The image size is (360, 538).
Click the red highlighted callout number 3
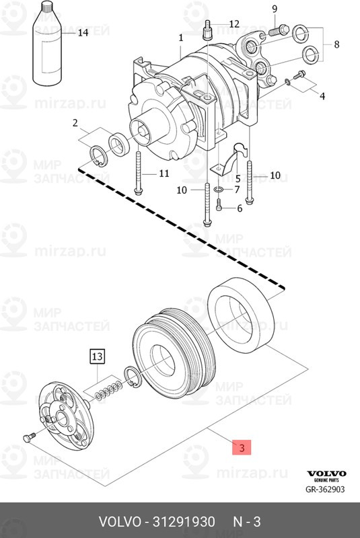coord(242,447)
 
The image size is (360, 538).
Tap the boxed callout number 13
coord(97,356)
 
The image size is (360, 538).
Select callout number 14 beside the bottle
coord(83,32)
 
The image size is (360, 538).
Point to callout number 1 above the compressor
coord(181,38)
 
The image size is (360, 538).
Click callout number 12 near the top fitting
coord(234,24)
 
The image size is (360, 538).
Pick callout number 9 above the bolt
coord(274,9)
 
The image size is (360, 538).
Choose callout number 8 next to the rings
coord(336,44)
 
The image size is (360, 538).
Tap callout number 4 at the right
coord(322,95)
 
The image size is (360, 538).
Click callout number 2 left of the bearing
coord(75,123)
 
